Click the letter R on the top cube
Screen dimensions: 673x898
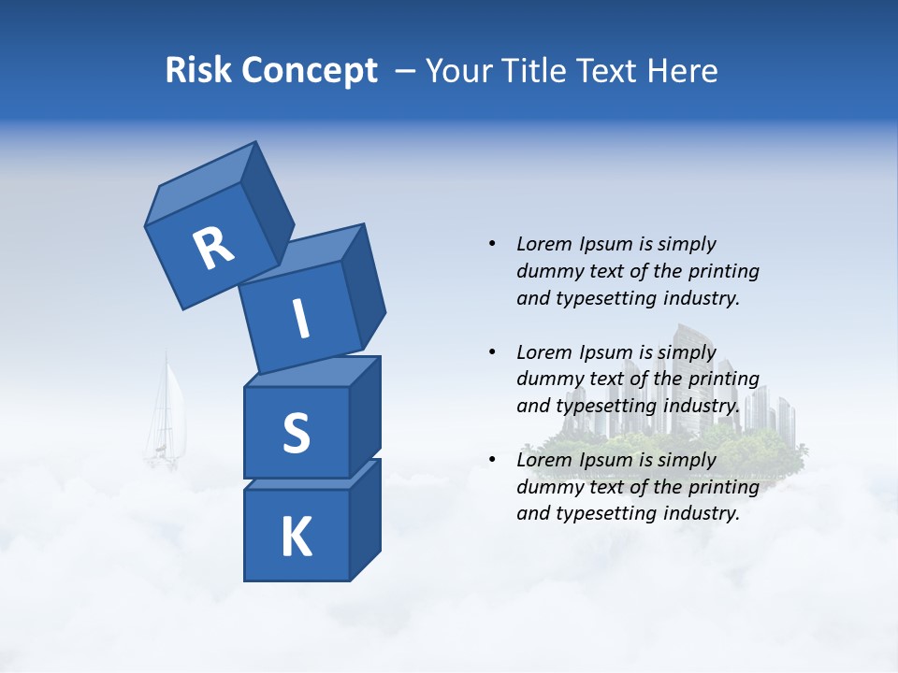pyautogui.click(x=213, y=249)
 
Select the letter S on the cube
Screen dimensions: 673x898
pyautogui.click(x=296, y=434)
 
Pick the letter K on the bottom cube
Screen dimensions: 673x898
pyautogui.click(x=296, y=537)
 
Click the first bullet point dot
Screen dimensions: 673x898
pyautogui.click(x=492, y=244)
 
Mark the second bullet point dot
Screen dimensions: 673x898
pyautogui.click(x=492, y=352)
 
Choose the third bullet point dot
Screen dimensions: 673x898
pyautogui.click(x=492, y=460)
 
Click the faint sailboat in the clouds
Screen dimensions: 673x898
pyautogui.click(x=167, y=416)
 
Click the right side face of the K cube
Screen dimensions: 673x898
pyautogui.click(x=365, y=519)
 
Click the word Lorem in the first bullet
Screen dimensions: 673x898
pyautogui.click(x=543, y=244)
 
